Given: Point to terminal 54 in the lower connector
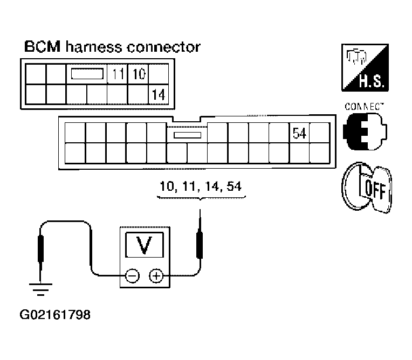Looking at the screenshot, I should click(299, 133).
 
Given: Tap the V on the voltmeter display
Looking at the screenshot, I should click(143, 246).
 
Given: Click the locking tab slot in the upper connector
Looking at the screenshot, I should click(87, 74).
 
